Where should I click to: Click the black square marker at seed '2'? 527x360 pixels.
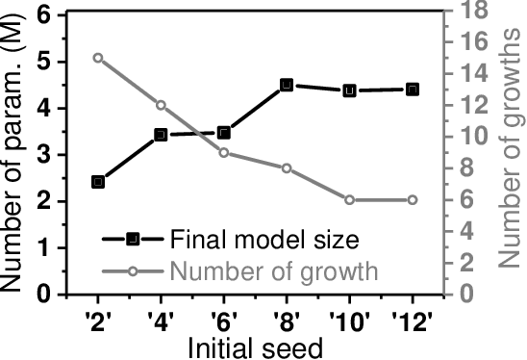(x=98, y=182)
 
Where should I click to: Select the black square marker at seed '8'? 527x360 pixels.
(x=287, y=86)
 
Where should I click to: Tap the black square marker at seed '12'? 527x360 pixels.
(x=412, y=90)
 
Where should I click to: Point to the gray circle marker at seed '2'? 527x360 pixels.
(x=98, y=58)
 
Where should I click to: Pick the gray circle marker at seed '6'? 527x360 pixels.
(x=223, y=152)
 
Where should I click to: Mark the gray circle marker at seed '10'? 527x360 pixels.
(x=349, y=200)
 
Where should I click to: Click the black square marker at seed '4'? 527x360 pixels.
(x=161, y=135)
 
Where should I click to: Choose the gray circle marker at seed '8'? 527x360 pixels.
(x=287, y=168)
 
